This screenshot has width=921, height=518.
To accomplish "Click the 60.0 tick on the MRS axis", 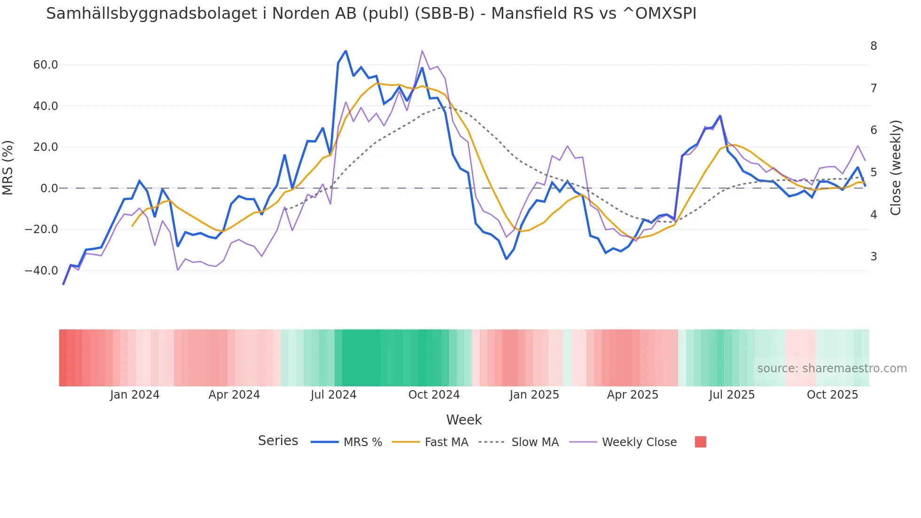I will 45,65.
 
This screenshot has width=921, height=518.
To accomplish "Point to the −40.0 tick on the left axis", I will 41,271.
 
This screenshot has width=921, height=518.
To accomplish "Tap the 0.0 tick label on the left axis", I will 49,188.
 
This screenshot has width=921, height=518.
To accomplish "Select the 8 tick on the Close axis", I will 874,46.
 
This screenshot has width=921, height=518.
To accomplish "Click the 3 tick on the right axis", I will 874,257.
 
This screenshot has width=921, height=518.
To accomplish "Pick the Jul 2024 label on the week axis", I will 333,395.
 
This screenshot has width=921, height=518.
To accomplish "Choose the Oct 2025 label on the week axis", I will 832,395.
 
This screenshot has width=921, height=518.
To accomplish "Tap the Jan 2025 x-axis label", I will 534,395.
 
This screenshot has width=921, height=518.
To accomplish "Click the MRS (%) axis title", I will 8,167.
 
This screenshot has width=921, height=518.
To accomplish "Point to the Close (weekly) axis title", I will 896,167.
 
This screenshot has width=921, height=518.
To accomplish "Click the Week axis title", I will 464,420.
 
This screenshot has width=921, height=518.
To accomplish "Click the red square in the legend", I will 700,442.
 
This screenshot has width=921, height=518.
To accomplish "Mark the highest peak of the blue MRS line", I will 345,51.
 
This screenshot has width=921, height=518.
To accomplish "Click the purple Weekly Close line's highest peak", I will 422,51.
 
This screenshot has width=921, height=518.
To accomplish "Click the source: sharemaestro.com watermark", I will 832,369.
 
